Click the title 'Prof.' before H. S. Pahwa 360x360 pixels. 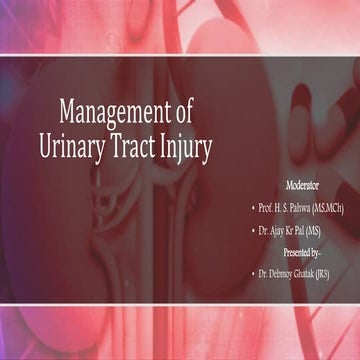tap(266, 208)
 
